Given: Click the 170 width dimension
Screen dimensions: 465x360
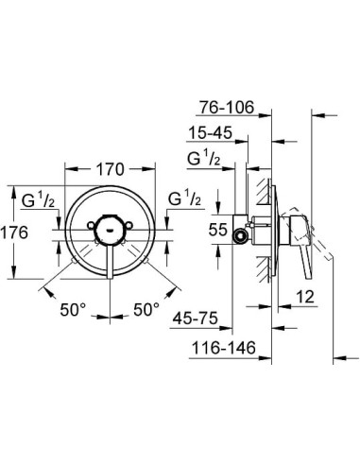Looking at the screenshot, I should tap(111, 171).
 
